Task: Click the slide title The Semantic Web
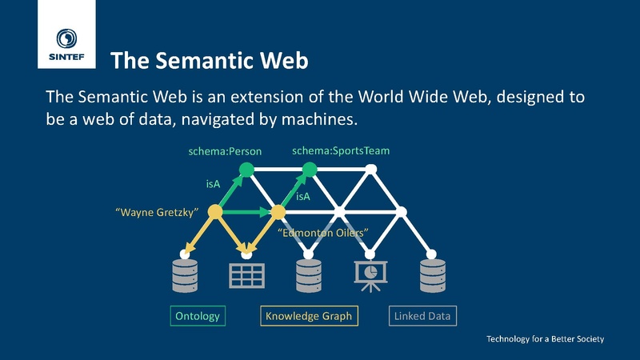(209, 60)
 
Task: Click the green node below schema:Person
(246, 169)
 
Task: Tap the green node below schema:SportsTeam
(310, 169)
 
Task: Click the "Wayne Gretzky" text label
(157, 212)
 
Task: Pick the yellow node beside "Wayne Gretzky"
(214, 212)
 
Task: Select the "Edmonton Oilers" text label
(322, 233)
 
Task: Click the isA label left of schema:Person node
(213, 185)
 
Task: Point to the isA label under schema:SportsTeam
(304, 196)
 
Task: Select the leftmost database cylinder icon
(185, 274)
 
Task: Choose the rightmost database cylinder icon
(434, 274)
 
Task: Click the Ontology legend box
(197, 316)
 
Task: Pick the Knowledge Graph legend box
(308, 316)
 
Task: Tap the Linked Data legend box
(422, 316)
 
